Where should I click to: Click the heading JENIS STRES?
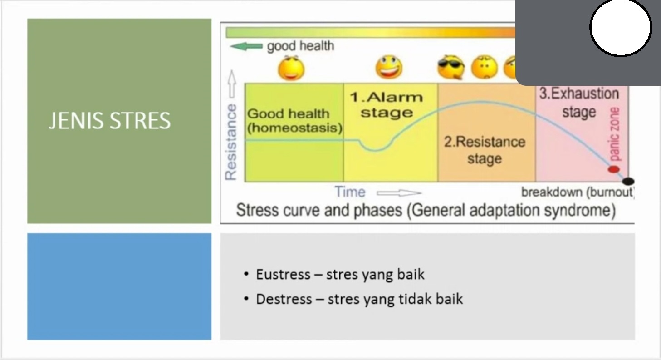(109, 120)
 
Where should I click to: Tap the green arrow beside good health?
(246, 46)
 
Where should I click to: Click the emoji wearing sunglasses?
(450, 67)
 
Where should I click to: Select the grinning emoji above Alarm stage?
(389, 67)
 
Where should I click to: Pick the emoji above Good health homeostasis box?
(291, 68)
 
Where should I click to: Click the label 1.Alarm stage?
(387, 105)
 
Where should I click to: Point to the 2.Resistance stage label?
(485, 150)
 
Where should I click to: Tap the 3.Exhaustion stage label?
(579, 103)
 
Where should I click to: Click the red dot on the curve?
(613, 169)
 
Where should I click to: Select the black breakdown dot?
(628, 181)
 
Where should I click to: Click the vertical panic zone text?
(614, 134)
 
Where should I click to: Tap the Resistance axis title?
(231, 142)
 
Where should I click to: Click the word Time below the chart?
(350, 192)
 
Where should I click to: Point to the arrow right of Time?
(399, 193)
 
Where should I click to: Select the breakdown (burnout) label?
(578, 192)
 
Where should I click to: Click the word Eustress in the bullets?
(283, 274)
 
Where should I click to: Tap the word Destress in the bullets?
(284, 299)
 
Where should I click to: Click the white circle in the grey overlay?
(621, 27)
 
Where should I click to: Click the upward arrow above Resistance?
(232, 84)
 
